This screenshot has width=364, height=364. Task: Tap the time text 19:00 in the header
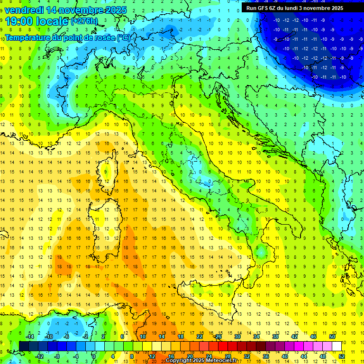[19, 21]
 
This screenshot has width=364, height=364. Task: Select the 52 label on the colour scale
[341, 356]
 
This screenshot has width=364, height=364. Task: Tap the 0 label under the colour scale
[94, 356]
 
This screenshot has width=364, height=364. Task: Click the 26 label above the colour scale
[218, 337]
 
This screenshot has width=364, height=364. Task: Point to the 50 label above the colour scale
[332, 337]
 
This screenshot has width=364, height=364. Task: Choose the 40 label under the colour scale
[284, 356]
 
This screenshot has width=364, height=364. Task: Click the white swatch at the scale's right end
[337, 346]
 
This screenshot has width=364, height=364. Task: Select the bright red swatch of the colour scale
[223, 346]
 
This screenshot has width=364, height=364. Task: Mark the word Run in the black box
[251, 8]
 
